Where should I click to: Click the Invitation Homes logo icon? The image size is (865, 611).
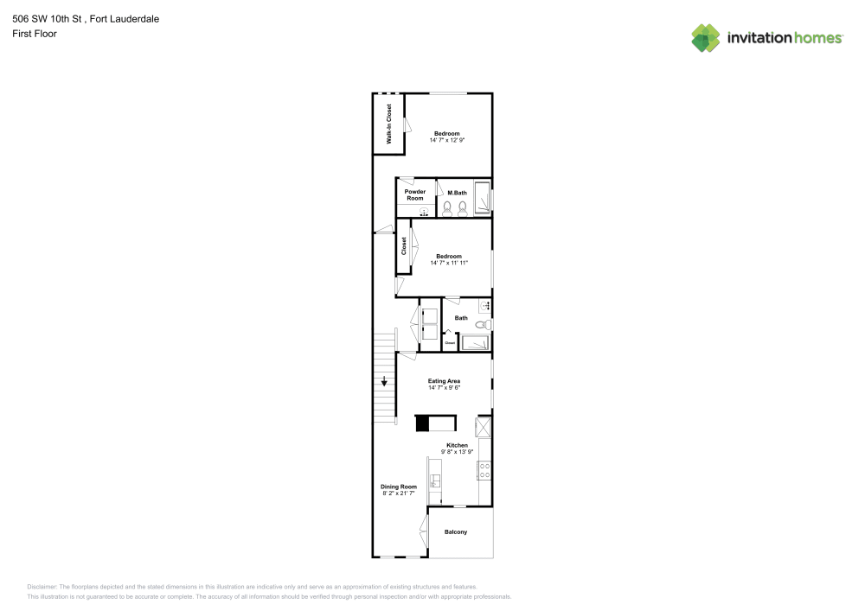point(705,38)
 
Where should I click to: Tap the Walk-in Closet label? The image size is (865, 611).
point(389,124)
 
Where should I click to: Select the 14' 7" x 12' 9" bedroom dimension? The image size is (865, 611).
point(447,140)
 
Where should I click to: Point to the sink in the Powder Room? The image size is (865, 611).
point(424,211)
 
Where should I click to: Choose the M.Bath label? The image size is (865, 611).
point(458,192)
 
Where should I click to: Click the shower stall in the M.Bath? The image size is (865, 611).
point(482,198)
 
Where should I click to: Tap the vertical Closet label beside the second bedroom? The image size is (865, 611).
point(404,246)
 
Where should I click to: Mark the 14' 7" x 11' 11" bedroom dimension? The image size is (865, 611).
point(448,263)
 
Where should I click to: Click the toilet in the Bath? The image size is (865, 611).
point(484,325)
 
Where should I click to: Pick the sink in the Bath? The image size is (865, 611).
point(485,306)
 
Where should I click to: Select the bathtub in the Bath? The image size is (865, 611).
point(475,343)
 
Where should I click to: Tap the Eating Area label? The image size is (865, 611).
point(444,381)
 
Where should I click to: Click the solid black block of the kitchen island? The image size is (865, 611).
point(423,423)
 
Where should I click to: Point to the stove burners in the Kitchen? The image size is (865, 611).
point(485,471)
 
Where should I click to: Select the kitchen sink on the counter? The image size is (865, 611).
point(435,481)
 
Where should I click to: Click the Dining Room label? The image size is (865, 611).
point(399,487)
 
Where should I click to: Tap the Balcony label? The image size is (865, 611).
point(456,531)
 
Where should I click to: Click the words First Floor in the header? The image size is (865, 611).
point(35,33)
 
